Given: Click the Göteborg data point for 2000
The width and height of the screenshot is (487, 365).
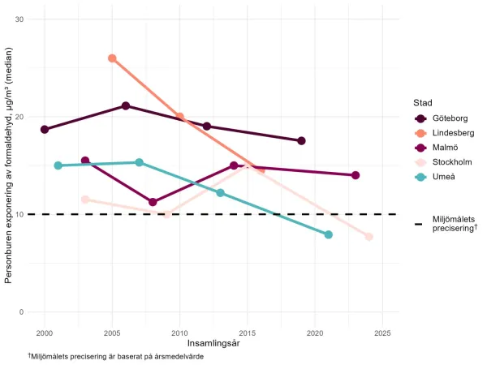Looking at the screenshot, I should (x=45, y=130).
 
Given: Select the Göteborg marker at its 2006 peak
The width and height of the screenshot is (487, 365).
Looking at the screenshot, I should (x=126, y=106).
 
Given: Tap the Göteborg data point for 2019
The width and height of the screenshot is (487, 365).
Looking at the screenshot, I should (x=301, y=141).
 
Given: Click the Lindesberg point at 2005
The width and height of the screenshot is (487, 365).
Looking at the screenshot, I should (x=112, y=58).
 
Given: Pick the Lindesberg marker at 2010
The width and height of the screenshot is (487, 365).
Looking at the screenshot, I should (x=180, y=117).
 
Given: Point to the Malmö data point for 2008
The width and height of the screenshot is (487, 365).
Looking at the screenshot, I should (x=153, y=202).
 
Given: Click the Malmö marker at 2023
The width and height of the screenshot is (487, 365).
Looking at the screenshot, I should (x=356, y=175).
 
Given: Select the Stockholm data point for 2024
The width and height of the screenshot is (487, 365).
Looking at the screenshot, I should (x=369, y=237).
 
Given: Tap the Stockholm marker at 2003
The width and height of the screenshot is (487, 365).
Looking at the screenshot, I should (x=85, y=200).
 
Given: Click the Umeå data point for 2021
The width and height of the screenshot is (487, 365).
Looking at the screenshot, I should (x=329, y=234).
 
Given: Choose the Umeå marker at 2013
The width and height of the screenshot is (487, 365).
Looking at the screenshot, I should (x=220, y=193).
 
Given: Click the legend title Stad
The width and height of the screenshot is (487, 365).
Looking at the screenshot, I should (x=422, y=103).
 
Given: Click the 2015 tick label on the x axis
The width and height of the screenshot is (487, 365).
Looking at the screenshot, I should (x=248, y=333).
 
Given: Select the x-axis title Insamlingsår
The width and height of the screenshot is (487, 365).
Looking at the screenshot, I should (x=213, y=344).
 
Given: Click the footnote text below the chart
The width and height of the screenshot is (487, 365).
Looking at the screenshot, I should (x=115, y=357).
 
